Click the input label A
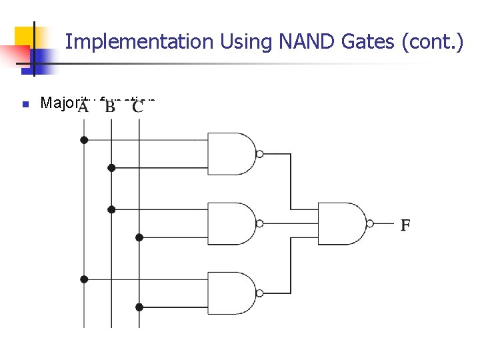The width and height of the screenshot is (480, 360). tap(83, 107)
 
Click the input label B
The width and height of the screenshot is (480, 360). tap(110, 107)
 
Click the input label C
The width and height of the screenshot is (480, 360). tap(138, 107)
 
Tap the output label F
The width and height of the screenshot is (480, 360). tap(405, 225)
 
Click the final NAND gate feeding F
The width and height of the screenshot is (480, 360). tap(342, 223)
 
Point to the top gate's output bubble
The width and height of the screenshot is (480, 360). tap(260, 154)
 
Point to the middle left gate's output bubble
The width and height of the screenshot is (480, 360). tap(260, 223)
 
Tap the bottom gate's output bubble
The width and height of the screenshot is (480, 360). tap(260, 293)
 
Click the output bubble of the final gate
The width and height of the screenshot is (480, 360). tap(371, 223)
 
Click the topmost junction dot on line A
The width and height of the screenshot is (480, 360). tap(83, 140)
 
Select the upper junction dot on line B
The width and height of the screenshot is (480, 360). tap(111, 167)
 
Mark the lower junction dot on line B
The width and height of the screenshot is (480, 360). tap(111, 209)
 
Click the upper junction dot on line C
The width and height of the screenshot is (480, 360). tap(139, 237)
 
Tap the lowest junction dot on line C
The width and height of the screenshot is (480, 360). tap(139, 307)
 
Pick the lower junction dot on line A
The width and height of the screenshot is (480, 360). tap(83, 279)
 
